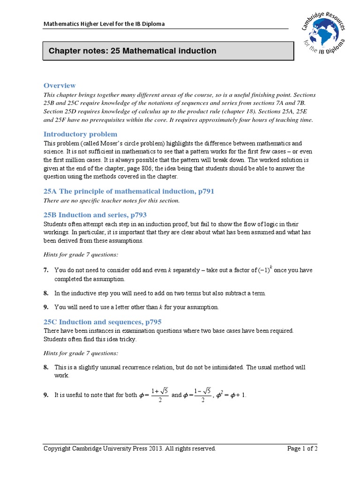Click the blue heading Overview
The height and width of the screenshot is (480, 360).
[x=60, y=85]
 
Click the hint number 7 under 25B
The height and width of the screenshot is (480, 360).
[x=46, y=270]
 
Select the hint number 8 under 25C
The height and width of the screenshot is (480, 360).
[x=46, y=367]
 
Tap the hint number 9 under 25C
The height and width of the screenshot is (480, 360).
[x=46, y=395]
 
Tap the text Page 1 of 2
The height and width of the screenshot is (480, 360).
[x=302, y=449]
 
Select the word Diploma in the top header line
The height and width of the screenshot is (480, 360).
[x=154, y=24]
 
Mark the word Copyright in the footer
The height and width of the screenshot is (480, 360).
[x=57, y=449]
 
